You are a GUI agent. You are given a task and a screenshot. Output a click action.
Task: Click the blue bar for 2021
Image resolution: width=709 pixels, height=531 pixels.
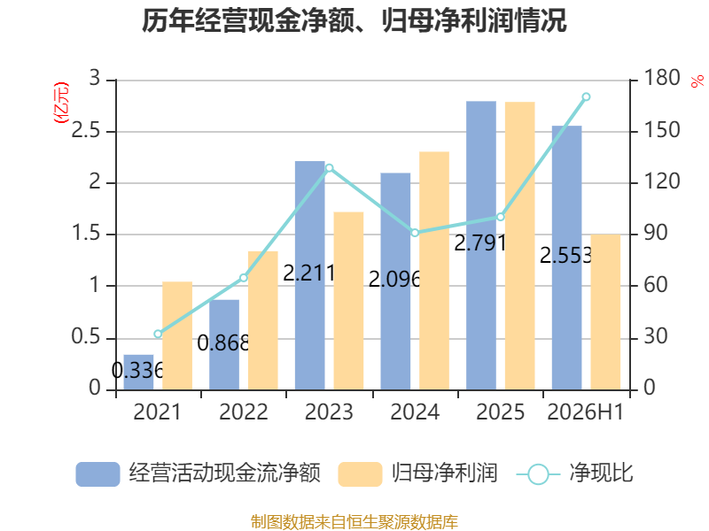(x=138, y=372)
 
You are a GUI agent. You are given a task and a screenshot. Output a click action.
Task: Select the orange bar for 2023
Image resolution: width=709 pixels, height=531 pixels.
(x=348, y=301)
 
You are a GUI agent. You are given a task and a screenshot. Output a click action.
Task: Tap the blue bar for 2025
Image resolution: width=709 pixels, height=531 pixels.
(x=481, y=246)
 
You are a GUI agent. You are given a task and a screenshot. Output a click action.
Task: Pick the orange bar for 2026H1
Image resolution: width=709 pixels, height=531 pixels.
(x=605, y=312)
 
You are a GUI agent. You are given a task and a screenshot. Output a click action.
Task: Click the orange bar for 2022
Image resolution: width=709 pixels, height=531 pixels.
(x=262, y=320)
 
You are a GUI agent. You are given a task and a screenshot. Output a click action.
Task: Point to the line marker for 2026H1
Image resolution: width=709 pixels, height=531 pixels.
(x=586, y=96)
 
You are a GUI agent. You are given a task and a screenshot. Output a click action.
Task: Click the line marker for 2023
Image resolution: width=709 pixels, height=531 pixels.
(x=329, y=168)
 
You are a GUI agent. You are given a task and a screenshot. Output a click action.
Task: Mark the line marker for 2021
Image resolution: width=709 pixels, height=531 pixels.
(x=158, y=335)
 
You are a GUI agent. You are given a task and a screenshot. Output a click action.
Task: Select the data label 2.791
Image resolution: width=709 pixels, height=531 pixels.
(x=479, y=243)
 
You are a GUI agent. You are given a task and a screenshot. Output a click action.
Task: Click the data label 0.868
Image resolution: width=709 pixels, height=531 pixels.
(x=223, y=343)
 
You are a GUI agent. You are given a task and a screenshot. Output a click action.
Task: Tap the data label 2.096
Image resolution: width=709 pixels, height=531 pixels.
(x=394, y=280)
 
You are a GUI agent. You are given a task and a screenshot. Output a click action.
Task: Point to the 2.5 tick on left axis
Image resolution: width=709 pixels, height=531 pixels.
(x=85, y=131)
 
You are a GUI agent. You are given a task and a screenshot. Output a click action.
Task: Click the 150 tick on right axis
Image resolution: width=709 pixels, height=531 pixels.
(x=661, y=130)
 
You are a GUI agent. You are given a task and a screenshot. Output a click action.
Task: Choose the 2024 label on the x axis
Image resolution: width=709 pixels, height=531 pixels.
(x=415, y=412)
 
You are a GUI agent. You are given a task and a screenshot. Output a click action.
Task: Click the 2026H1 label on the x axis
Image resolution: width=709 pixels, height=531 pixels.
(x=586, y=412)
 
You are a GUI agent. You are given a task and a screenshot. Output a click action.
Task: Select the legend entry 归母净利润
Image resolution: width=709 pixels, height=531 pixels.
(x=445, y=473)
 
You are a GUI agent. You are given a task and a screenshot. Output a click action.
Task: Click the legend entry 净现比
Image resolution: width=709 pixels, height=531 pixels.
(x=602, y=473)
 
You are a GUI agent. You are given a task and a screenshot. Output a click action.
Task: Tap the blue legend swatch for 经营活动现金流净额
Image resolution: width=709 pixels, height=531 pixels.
(x=97, y=474)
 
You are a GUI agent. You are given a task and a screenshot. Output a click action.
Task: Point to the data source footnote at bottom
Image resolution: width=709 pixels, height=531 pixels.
(x=354, y=522)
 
